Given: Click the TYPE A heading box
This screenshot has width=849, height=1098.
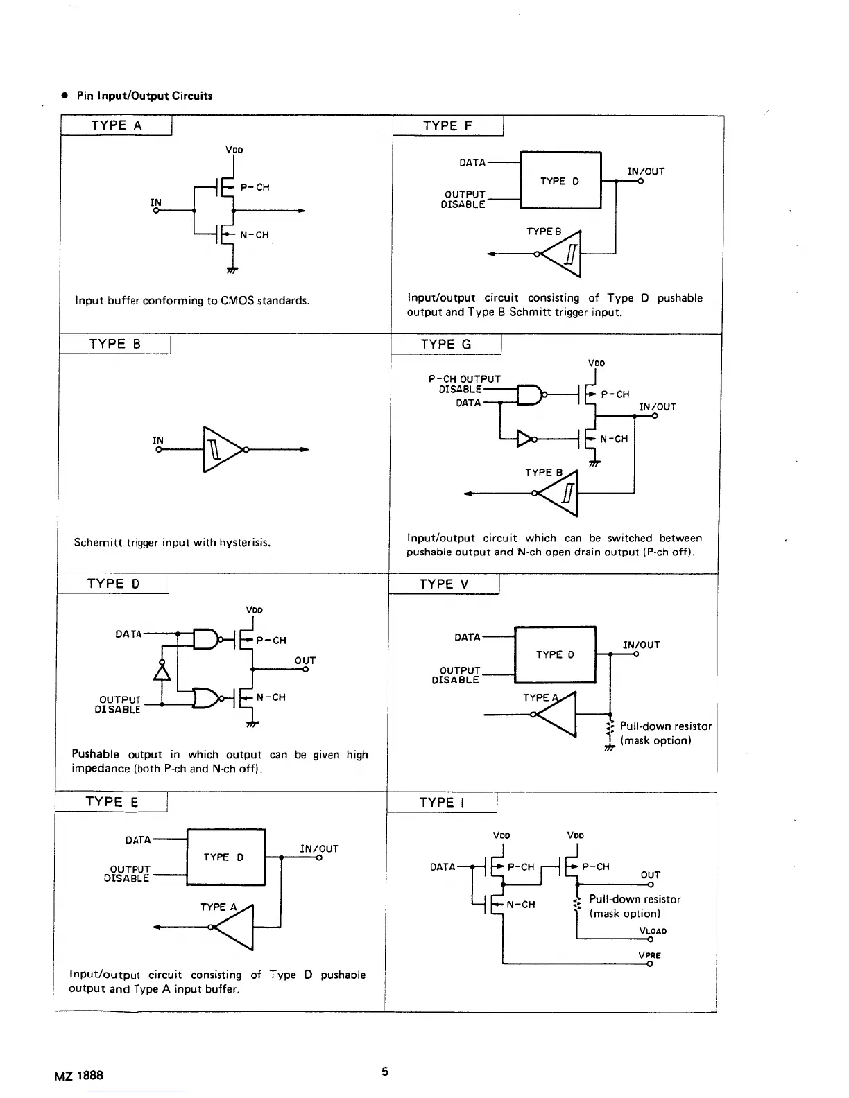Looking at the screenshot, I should pos(116,125).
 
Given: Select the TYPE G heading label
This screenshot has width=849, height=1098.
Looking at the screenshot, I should pos(445,345).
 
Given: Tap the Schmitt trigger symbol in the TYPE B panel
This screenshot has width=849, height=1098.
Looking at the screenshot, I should pos(221,450).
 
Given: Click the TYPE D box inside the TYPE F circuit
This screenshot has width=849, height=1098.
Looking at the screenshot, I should pos(560,181).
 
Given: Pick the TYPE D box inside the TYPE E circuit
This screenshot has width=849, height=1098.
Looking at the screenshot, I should pos(225,857).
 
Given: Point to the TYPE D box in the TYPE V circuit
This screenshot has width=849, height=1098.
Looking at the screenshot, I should pos(555,654).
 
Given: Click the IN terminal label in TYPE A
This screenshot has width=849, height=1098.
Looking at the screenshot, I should pos(156,202).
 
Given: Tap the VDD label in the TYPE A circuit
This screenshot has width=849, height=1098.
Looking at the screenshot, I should pos(234,150).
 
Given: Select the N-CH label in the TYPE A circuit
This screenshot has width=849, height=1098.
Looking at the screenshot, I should pos(254,235).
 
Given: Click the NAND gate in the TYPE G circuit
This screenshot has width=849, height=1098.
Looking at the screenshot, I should pos(531,394).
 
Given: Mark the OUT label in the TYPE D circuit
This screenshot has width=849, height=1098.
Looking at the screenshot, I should pos(305,661).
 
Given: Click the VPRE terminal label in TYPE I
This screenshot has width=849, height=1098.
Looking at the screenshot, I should pos(650,955).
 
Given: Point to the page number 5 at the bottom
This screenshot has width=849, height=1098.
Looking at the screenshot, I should pos(385,1072).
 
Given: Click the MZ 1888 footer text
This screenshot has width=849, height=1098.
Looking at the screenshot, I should pos(79,1075).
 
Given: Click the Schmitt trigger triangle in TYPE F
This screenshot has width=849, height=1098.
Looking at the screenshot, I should pos(564,254).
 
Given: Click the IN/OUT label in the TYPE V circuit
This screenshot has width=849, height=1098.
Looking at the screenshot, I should pos(642,645).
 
